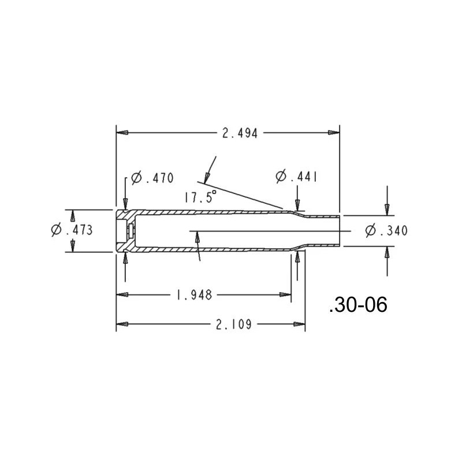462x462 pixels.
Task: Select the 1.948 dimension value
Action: point(193,295)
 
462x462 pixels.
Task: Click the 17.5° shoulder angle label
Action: point(200,196)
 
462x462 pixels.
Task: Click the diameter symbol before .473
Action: point(57,230)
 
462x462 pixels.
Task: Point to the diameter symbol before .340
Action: point(371,231)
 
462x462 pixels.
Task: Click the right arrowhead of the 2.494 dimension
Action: point(334,133)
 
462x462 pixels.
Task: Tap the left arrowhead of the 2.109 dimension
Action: point(122,325)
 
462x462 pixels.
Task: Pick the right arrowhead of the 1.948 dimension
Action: point(286,295)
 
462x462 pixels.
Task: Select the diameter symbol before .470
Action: point(136,178)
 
